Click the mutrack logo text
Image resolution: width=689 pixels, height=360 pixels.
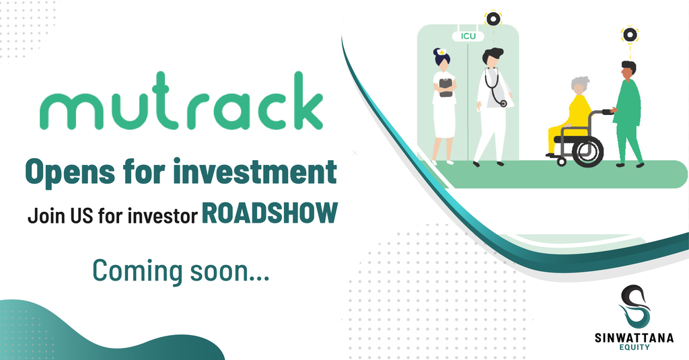click(182, 101)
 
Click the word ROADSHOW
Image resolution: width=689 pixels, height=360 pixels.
click(270, 213)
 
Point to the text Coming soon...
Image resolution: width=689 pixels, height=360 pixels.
click(180, 271)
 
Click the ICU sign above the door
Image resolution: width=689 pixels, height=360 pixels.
click(468, 36)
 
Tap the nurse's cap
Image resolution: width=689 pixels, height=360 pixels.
click(441, 51)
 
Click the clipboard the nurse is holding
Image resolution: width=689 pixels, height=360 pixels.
click(446, 87)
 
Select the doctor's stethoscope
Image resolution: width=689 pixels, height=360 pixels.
click(497, 90)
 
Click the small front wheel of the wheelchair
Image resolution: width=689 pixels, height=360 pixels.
click(562, 161)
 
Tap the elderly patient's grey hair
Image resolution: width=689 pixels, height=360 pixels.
click(580, 83)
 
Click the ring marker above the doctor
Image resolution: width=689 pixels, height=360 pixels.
click(493, 18)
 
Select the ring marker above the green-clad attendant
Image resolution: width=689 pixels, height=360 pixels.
click(630, 34)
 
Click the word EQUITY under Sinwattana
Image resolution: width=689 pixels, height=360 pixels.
click(634, 347)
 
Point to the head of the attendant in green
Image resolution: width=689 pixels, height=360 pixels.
click(628, 71)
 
